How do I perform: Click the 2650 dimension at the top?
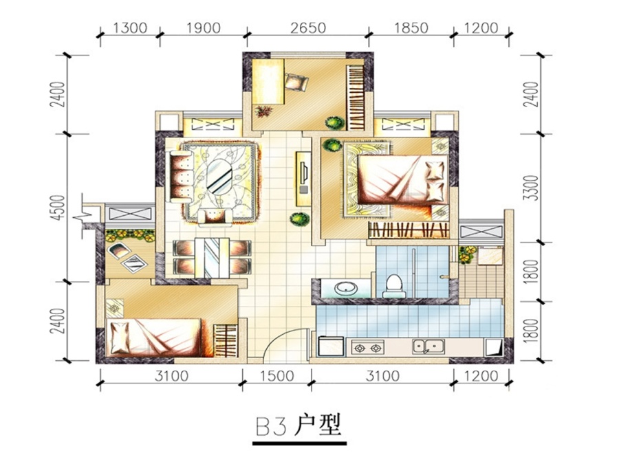pos(308,28)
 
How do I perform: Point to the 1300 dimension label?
pos(130,28)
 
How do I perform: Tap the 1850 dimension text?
pos(411,28)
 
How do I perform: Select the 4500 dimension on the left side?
pos(58,208)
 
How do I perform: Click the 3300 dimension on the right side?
pos(532,188)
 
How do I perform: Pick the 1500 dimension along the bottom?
pos(276,376)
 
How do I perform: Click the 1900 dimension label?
pos(204,28)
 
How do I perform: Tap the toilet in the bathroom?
pos(393,287)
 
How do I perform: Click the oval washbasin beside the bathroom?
pos(346,288)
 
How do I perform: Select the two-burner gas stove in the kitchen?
pos(367,348)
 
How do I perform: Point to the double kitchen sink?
pos(428,347)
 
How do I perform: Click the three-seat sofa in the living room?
pos(181,175)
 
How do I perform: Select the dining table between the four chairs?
pos(212,258)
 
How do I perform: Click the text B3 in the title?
pos(271,427)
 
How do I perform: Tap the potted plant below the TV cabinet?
pos(299,219)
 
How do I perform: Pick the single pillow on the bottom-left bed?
pos(120,338)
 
